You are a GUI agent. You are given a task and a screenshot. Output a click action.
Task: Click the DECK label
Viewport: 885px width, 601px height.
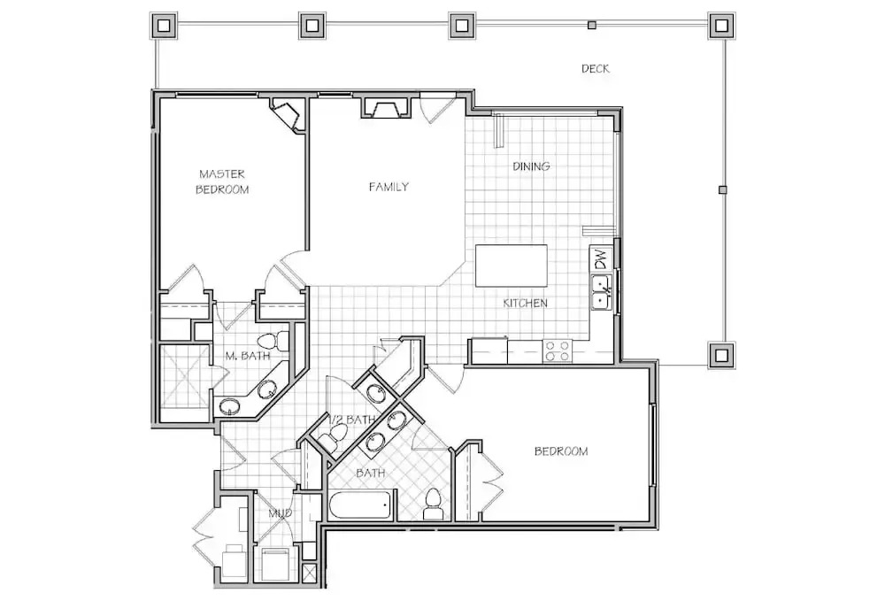coord(596,69)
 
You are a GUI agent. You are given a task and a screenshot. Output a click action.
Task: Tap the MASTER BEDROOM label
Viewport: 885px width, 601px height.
coord(222,181)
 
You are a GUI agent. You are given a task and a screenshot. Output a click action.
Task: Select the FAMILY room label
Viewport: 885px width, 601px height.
coord(389,187)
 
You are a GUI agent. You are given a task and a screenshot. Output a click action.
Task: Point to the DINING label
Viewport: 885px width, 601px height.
coord(531,166)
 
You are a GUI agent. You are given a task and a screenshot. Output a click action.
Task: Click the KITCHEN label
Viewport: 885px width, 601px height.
coord(526,303)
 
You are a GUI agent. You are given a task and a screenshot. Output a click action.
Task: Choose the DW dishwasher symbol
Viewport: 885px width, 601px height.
coord(602,259)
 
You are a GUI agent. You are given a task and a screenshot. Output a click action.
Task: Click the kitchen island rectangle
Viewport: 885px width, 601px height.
coord(512,266)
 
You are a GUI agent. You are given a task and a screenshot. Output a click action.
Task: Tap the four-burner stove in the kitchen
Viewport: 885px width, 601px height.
coord(557,351)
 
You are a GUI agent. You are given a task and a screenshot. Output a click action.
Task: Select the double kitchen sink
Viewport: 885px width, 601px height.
coord(602,292)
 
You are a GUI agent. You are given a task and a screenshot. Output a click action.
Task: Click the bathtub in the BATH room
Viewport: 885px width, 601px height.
coord(358,505)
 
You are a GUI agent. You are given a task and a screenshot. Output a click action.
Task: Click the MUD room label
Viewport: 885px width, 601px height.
coord(280,513)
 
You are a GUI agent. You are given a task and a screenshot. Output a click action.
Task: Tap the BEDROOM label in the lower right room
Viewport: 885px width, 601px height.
coord(561,451)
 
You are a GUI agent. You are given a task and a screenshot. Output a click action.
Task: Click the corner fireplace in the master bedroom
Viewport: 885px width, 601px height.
coord(289,114)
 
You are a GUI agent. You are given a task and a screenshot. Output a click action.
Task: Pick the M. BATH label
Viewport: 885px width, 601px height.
coord(248,356)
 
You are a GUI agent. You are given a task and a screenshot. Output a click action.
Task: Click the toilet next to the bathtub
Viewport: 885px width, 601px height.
coord(433,504)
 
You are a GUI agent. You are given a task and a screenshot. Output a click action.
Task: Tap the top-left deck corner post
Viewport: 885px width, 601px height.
coord(164,26)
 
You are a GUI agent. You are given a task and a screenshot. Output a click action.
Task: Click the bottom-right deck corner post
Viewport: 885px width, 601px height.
coord(721,356)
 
